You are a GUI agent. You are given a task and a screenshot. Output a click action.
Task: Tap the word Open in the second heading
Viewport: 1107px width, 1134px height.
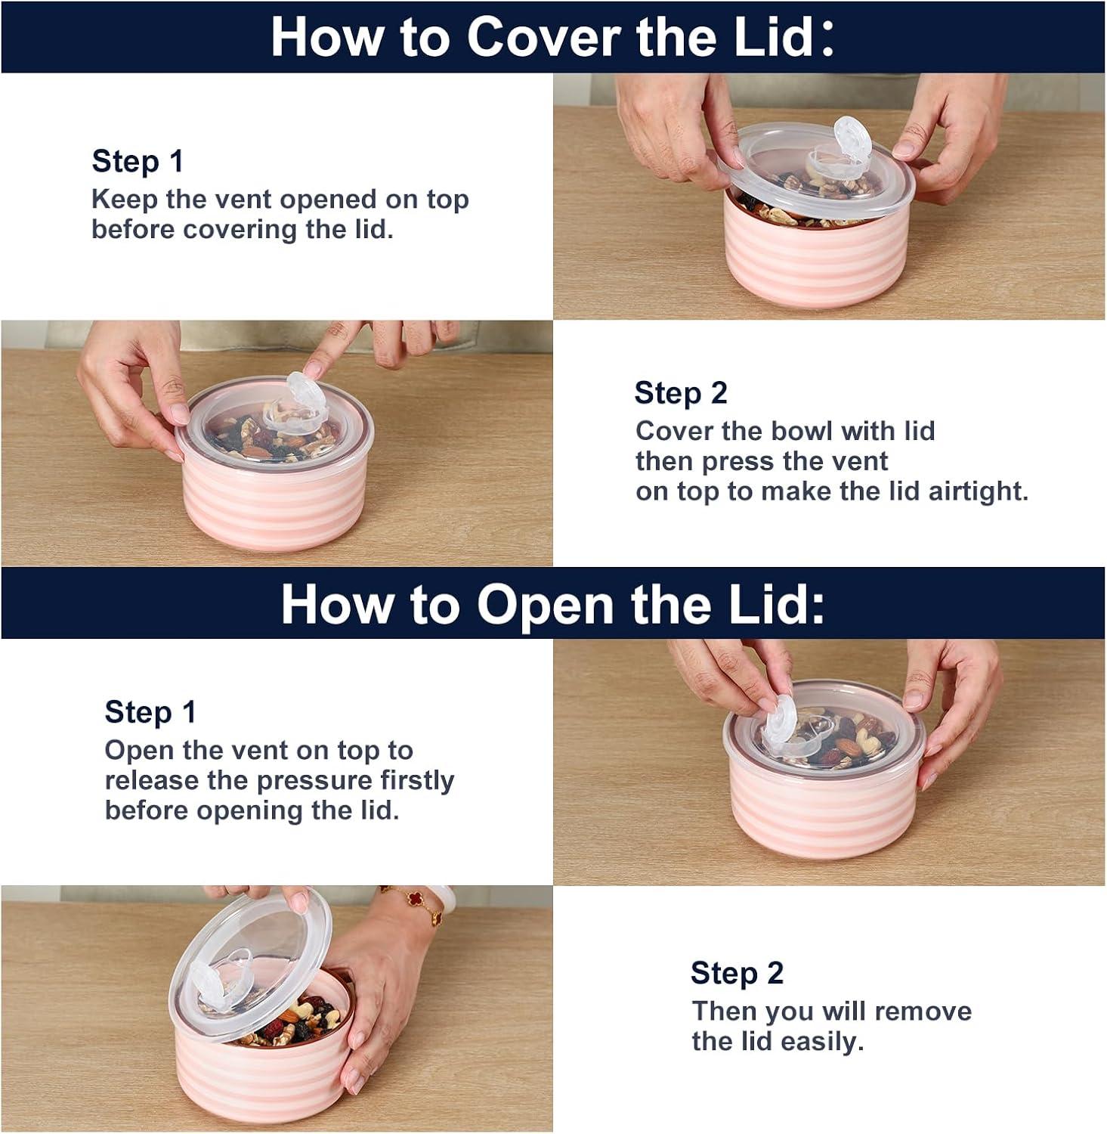click(545, 606)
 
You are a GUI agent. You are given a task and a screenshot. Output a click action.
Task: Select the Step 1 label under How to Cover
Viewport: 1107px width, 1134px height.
click(138, 161)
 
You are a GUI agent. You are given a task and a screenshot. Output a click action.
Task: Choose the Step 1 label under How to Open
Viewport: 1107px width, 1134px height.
click(150, 712)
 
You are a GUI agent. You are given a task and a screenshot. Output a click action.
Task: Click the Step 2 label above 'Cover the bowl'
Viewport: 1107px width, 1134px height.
click(681, 393)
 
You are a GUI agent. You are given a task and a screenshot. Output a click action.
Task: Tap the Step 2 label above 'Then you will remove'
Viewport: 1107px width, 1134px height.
click(737, 973)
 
